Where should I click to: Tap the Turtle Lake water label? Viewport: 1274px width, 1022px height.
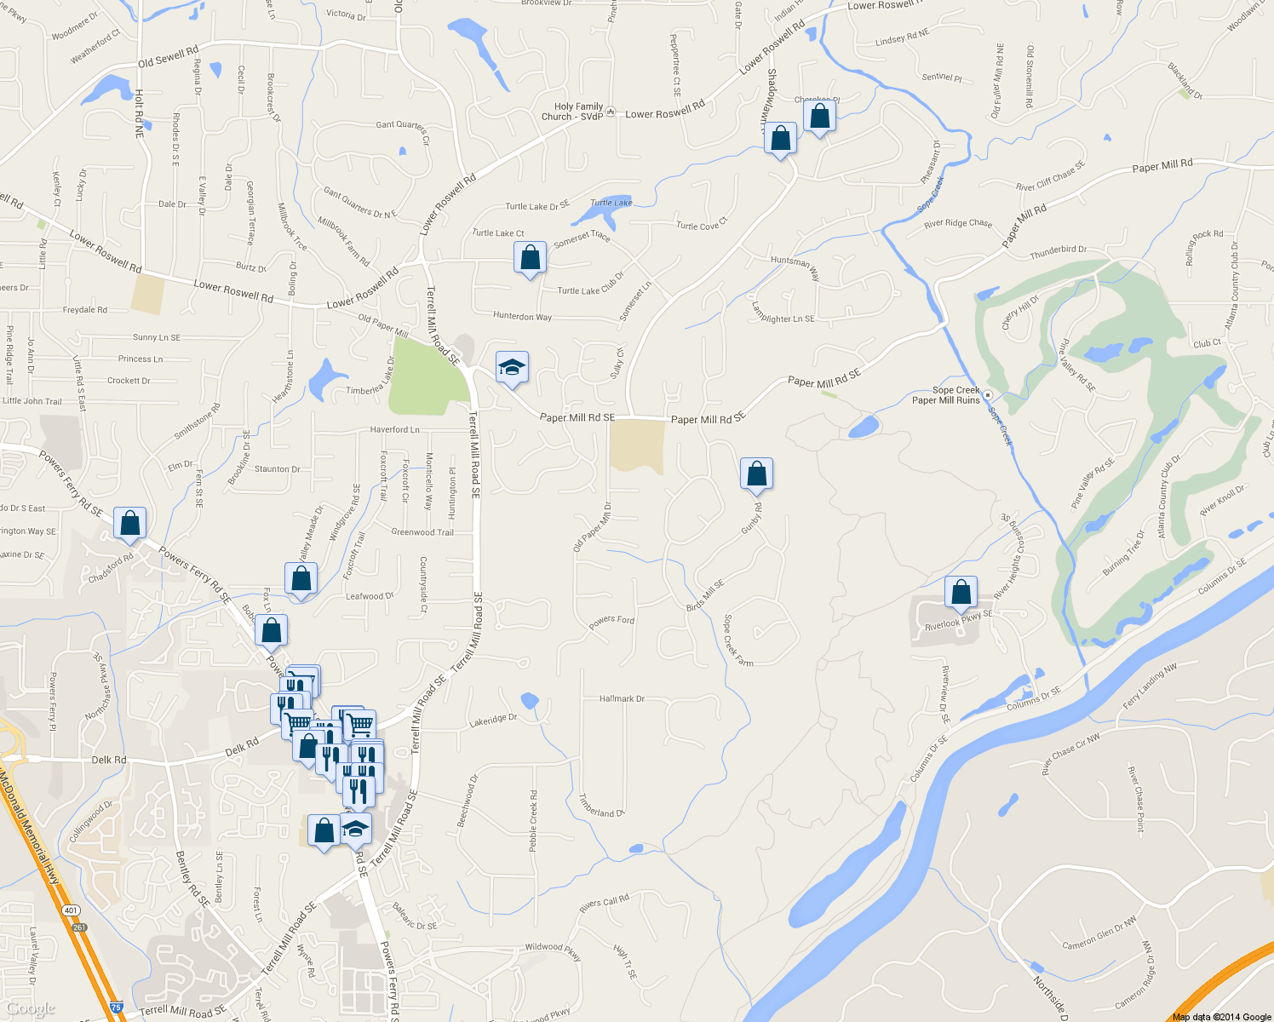point(611,203)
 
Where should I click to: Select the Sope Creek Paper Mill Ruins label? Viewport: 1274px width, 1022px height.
point(947,395)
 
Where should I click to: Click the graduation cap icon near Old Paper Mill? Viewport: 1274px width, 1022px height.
point(511,367)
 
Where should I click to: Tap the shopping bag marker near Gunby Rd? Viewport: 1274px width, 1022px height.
point(756,474)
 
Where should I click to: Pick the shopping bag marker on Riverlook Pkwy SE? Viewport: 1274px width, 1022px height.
point(961,592)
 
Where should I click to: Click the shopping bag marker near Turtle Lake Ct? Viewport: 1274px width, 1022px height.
point(530,257)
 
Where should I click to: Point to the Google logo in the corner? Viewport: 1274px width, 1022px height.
point(31,1009)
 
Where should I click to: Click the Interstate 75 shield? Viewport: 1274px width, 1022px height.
point(116,1007)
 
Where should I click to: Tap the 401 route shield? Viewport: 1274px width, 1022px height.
point(72,910)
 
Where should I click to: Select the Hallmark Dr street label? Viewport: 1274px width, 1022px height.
point(622,699)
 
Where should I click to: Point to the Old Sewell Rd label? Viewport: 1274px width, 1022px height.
point(169,57)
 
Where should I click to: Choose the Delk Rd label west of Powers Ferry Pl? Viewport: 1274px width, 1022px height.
point(109,760)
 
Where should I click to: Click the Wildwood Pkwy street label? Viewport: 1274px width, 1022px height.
point(553,950)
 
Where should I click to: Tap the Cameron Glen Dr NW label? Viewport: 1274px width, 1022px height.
point(1099,933)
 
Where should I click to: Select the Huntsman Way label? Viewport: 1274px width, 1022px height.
point(795,267)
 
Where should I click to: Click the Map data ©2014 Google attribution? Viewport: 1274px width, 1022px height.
point(1221,1017)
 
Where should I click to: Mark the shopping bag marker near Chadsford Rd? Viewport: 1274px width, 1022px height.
point(129,523)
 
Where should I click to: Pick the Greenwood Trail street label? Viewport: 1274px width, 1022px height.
point(422,532)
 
